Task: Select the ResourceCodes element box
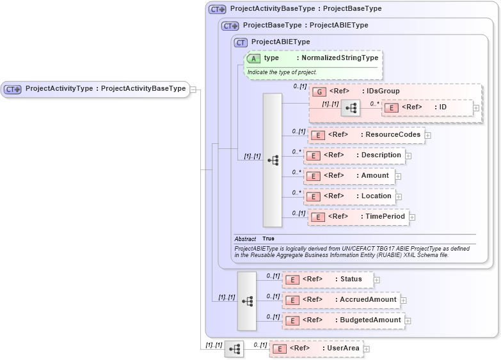pyautogui.click(x=366, y=135)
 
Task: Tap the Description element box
pyautogui.click(x=354, y=155)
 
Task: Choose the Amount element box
pyautogui.click(x=349, y=176)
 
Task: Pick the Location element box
pyautogui.click(x=349, y=196)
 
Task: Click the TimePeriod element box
pyautogui.click(x=358, y=217)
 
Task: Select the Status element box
pyautogui.click(x=327, y=279)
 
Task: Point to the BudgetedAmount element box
pyautogui.click(x=343, y=320)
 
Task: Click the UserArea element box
pyautogui.click(x=316, y=348)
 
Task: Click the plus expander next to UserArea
pyautogui.click(x=367, y=349)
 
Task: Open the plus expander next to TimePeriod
pyautogui.click(x=412, y=217)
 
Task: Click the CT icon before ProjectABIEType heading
pyautogui.click(x=241, y=42)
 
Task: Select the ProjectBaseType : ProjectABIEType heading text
pyautogui.click(x=305, y=26)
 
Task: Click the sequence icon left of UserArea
pyautogui.click(x=234, y=348)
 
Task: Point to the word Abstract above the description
pyautogui.click(x=245, y=239)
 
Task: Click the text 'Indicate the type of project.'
pyautogui.click(x=282, y=72)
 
